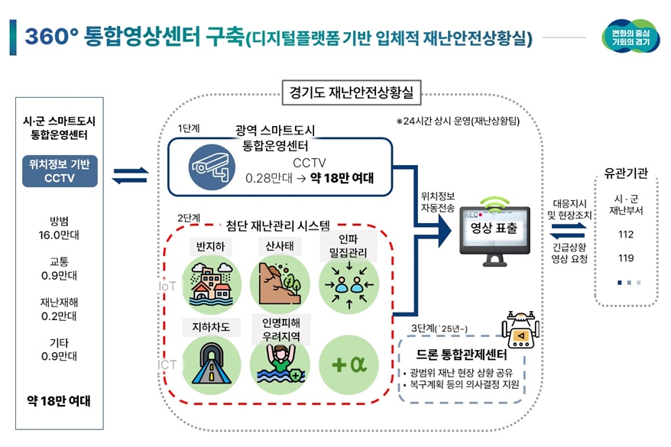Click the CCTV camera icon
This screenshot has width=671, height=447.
[x=208, y=168]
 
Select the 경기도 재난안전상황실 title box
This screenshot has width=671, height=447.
[x=351, y=93]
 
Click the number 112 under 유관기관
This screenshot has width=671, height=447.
[x=626, y=235]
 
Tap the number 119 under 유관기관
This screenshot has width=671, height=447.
[x=626, y=258]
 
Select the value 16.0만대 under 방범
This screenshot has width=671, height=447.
[x=60, y=235]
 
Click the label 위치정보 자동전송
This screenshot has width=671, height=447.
[x=437, y=201]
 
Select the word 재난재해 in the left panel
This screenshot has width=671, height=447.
[x=60, y=302]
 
